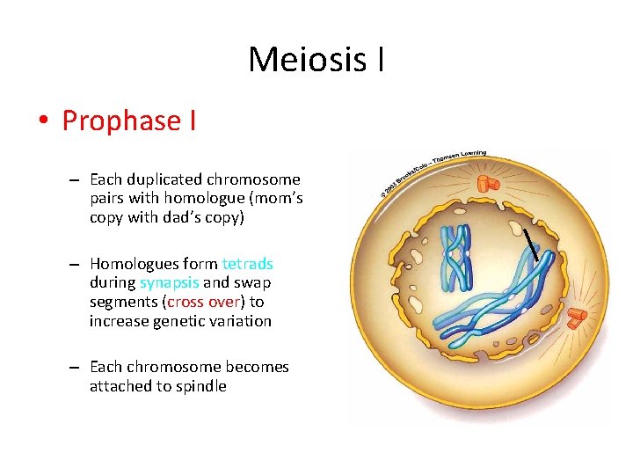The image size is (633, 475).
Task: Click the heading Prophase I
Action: click(129, 121)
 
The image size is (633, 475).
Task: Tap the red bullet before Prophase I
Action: click(42, 121)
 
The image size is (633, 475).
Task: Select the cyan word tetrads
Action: click(247, 264)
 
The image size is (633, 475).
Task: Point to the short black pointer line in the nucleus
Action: click(531, 243)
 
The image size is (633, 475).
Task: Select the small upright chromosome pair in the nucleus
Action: click(455, 258)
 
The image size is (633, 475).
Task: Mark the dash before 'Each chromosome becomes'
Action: click(77, 368)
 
